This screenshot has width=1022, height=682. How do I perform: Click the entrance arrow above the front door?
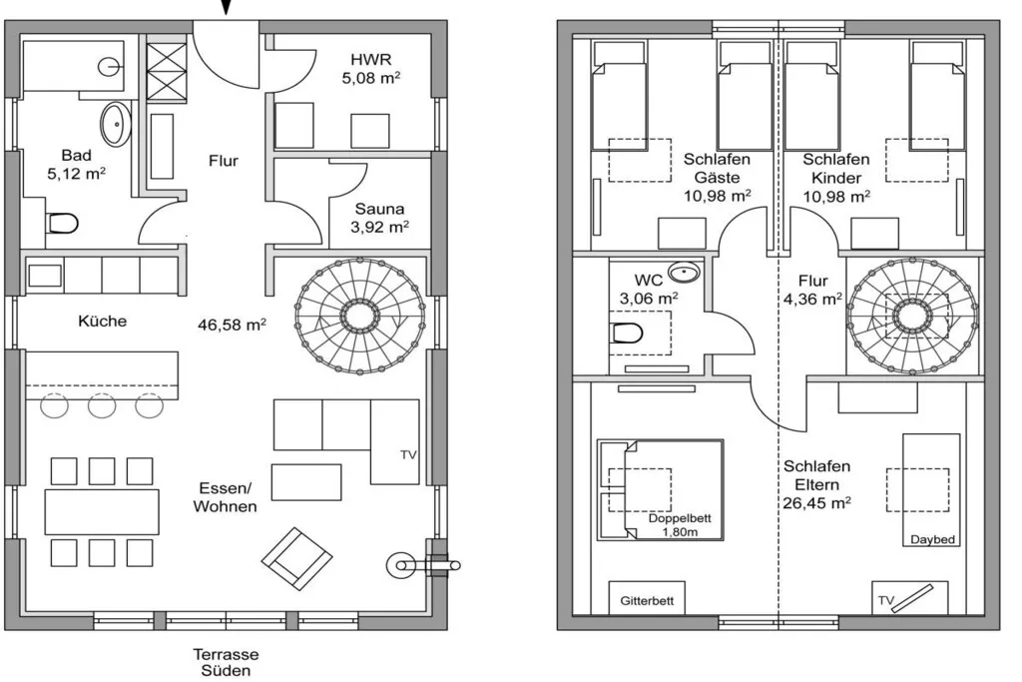pyautogui.click(x=226, y=7)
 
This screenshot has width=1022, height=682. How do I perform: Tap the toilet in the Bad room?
pyautogui.click(x=63, y=224)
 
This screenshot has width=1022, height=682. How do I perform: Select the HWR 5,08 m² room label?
pyautogui.click(x=371, y=69)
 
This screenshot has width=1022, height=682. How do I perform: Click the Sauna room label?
pyautogui.click(x=379, y=209)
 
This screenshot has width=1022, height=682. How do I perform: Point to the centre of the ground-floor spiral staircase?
pyautogui.click(x=359, y=316)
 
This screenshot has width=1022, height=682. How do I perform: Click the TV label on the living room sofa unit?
pyautogui.click(x=408, y=455)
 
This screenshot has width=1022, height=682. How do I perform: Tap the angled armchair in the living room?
pyautogui.click(x=297, y=559)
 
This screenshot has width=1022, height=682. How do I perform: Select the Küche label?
pyautogui.click(x=103, y=321)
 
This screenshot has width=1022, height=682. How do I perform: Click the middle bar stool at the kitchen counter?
pyautogui.click(x=103, y=405)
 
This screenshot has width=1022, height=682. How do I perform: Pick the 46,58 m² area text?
pyautogui.click(x=232, y=325)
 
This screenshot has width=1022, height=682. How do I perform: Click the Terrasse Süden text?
pyautogui.click(x=226, y=662)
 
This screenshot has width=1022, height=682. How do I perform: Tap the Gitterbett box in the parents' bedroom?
pyautogui.click(x=647, y=598)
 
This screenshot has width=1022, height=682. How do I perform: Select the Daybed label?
pyautogui.click(x=933, y=540)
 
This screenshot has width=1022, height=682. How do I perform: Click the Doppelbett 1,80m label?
pyautogui.click(x=680, y=525)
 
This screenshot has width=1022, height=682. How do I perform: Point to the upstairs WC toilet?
pyautogui.click(x=628, y=334)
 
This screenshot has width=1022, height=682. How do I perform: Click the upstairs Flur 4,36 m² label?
pyautogui.click(x=812, y=290)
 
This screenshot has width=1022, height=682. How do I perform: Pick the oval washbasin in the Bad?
pyautogui.click(x=116, y=124)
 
